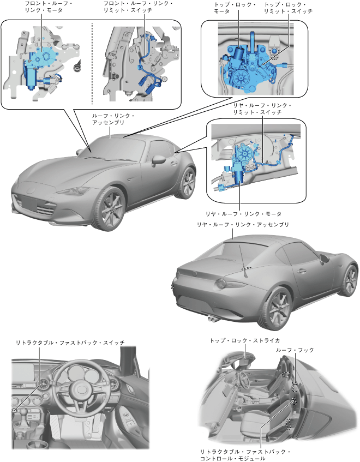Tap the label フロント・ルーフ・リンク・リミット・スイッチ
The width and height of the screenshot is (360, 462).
(x=138, y=7)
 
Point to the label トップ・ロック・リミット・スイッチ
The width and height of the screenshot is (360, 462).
(x=288, y=7)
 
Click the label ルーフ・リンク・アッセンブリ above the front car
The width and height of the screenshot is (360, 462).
(x=113, y=119)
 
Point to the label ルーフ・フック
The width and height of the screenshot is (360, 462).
(x=295, y=350)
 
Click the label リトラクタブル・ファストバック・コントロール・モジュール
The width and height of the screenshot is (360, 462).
(x=245, y=455)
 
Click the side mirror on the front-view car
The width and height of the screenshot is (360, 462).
(x=159, y=159)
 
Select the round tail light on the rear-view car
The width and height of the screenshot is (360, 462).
(x=222, y=284)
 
